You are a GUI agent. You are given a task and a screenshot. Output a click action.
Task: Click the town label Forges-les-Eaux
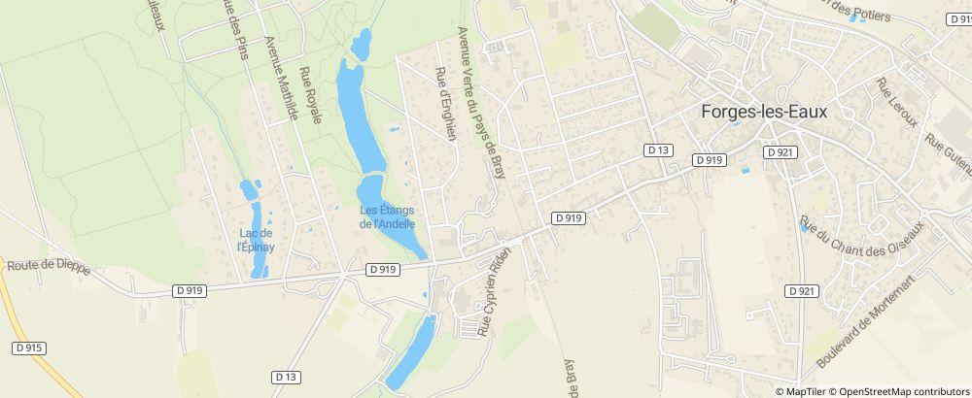(763, 112)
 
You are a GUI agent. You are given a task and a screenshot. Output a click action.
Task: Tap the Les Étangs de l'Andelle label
(388, 216)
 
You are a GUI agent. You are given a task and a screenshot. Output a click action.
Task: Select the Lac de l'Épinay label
(256, 240)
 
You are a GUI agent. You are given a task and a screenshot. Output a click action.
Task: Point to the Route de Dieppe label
(49, 267)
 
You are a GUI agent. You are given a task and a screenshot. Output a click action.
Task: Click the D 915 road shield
(30, 348)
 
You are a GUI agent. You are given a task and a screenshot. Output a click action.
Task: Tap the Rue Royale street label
(310, 95)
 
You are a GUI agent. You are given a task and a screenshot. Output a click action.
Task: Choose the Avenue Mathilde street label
(280, 79)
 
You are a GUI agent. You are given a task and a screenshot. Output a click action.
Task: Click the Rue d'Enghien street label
(447, 105)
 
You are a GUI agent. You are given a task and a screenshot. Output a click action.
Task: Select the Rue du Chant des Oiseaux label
(860, 239)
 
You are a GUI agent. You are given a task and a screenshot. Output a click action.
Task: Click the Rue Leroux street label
(897, 103)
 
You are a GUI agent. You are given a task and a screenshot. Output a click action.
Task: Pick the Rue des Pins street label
(235, 29)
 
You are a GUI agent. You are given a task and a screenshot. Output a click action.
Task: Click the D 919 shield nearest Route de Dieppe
(190, 289)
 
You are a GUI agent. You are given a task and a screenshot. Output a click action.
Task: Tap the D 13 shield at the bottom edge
(285, 376)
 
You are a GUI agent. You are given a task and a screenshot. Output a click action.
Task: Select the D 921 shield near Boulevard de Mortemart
(802, 291)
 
